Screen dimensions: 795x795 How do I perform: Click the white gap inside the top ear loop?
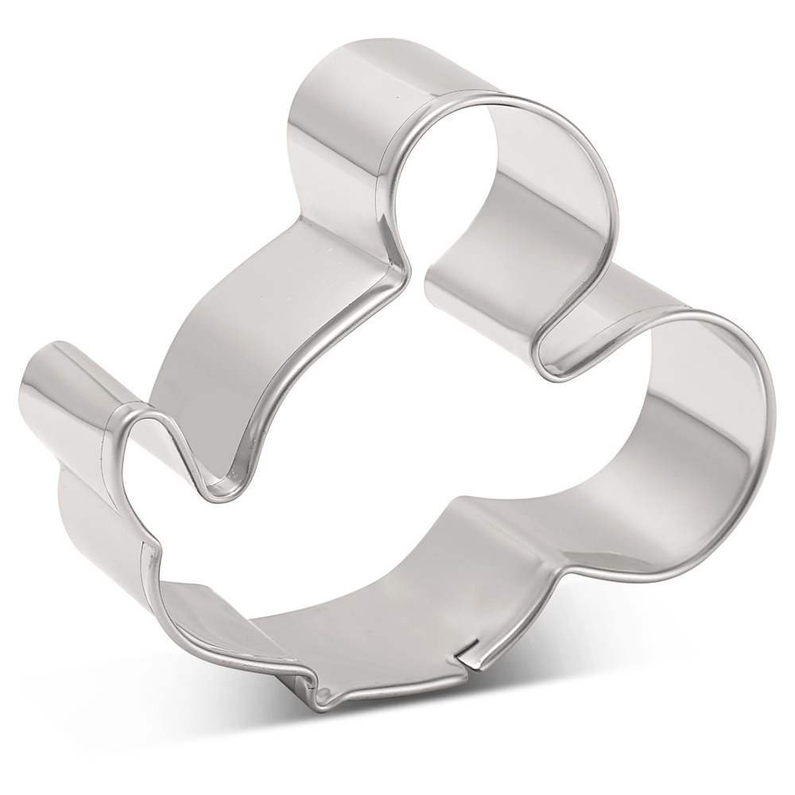(445, 159)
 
